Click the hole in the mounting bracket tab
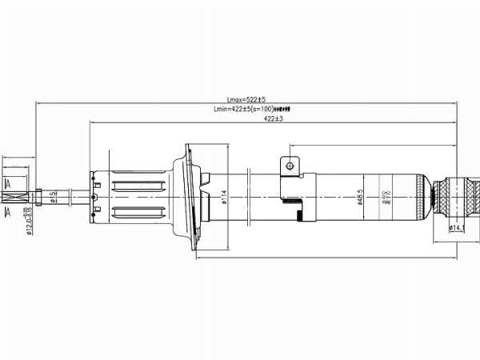pyautogui.click(x=289, y=166)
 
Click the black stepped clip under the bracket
pyautogui.click(x=299, y=214)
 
